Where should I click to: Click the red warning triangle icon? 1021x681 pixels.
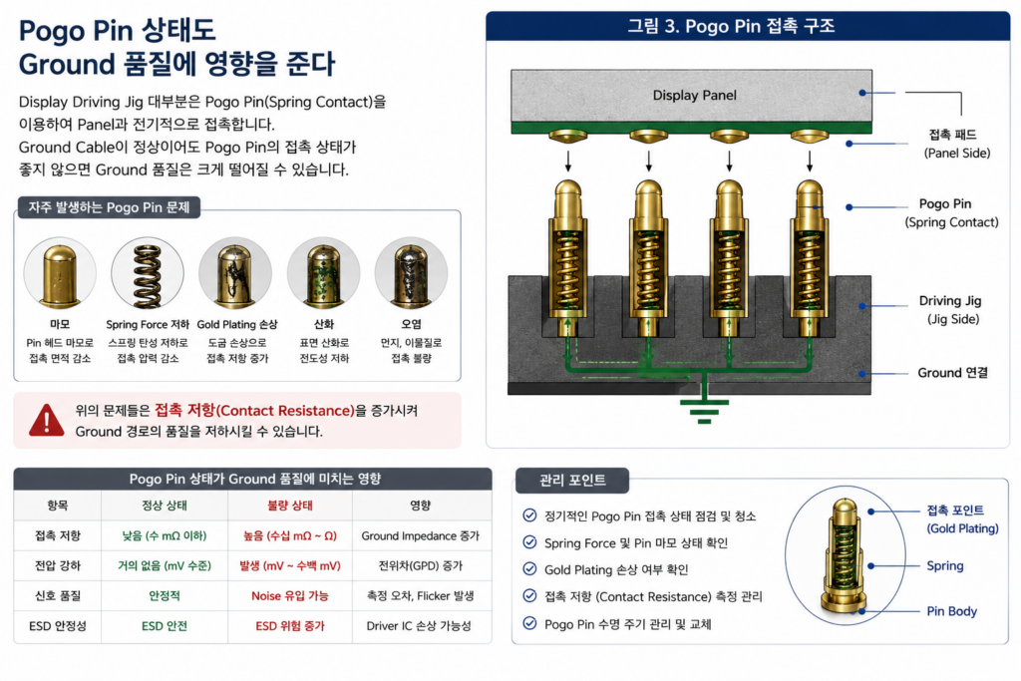46,420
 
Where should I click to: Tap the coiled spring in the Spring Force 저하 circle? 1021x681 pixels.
148,276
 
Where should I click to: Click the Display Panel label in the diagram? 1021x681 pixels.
695,95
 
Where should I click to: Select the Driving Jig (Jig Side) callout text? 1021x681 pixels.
950,310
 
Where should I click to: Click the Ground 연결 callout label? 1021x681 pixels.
952,372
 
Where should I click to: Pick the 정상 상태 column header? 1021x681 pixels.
165,506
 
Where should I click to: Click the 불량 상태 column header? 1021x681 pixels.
290,506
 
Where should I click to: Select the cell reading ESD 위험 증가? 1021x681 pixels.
290,625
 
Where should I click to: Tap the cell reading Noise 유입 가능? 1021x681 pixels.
290,595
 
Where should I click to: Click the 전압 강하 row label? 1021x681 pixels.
57,565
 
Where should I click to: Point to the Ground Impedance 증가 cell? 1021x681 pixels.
420,535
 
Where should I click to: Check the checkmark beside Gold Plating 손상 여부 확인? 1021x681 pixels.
530,569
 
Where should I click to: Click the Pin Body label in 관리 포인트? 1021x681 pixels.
951,611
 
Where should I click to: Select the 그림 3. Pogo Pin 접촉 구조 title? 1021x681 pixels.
731,26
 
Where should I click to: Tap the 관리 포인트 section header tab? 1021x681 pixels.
572,481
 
